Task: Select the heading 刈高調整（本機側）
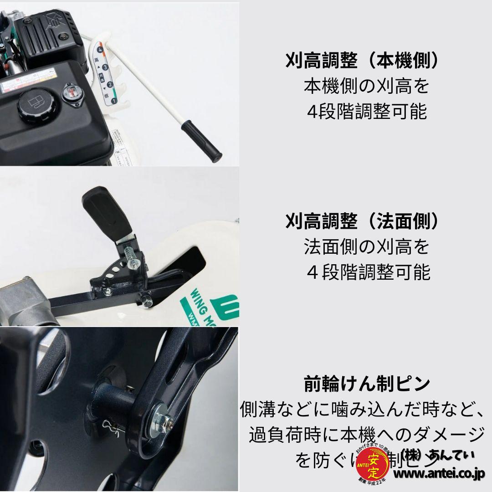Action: [x=363, y=61]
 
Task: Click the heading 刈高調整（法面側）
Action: [x=363, y=221]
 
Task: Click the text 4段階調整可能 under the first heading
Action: [x=367, y=112]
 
